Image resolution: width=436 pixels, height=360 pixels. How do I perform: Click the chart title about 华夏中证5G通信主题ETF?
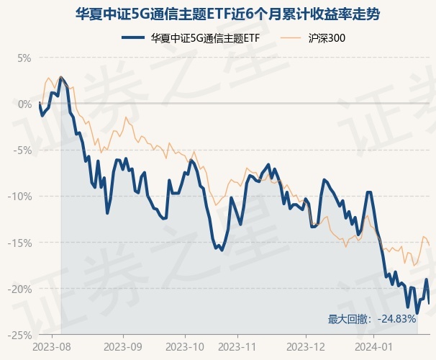click(218, 14)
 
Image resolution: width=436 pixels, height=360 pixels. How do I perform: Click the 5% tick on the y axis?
click(24, 58)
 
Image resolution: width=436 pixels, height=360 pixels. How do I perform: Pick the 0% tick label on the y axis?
click(24, 104)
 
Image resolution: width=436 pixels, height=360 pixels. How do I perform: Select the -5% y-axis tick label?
click(23, 150)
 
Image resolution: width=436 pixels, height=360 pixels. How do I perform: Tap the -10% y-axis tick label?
click(21, 196)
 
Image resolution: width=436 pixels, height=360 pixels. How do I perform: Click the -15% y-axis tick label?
click(21, 243)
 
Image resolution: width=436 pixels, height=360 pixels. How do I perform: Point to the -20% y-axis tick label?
click(21, 289)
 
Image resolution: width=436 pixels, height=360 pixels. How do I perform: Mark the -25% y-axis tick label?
click(21, 335)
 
